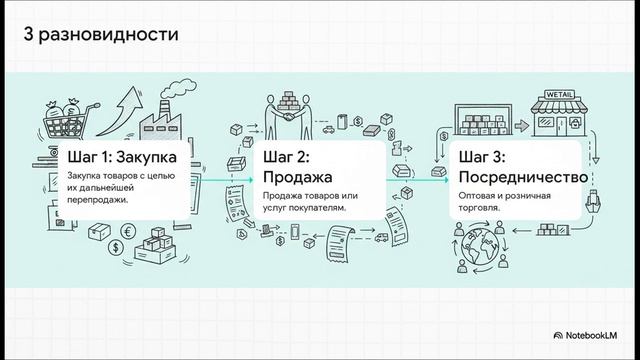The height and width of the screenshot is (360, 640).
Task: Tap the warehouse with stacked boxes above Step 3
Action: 483,120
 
